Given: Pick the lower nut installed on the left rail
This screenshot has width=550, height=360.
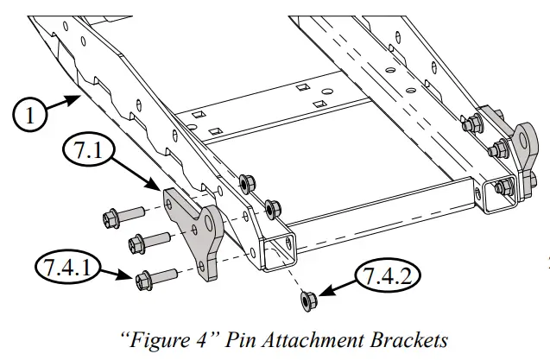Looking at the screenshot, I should click(x=273, y=207).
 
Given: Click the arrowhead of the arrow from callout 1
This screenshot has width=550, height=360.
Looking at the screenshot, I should click(x=82, y=98).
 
